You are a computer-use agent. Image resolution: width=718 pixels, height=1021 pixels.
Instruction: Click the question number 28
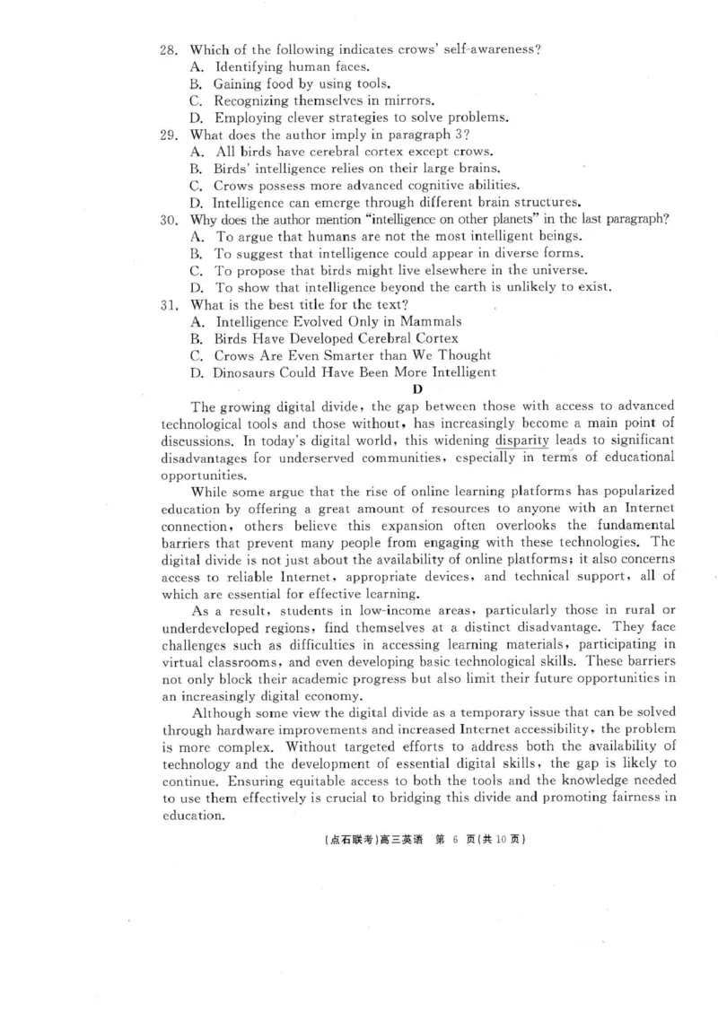[x=169, y=48]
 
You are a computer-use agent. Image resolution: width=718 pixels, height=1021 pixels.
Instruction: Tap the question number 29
[x=169, y=135]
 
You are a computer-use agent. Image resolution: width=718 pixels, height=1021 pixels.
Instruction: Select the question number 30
[x=169, y=219]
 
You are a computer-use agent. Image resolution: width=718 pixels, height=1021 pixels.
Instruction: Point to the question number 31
[x=169, y=304]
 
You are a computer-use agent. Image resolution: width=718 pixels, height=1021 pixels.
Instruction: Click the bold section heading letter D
[x=416, y=388]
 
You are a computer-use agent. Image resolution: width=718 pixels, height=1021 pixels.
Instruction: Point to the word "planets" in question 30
[x=498, y=219]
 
